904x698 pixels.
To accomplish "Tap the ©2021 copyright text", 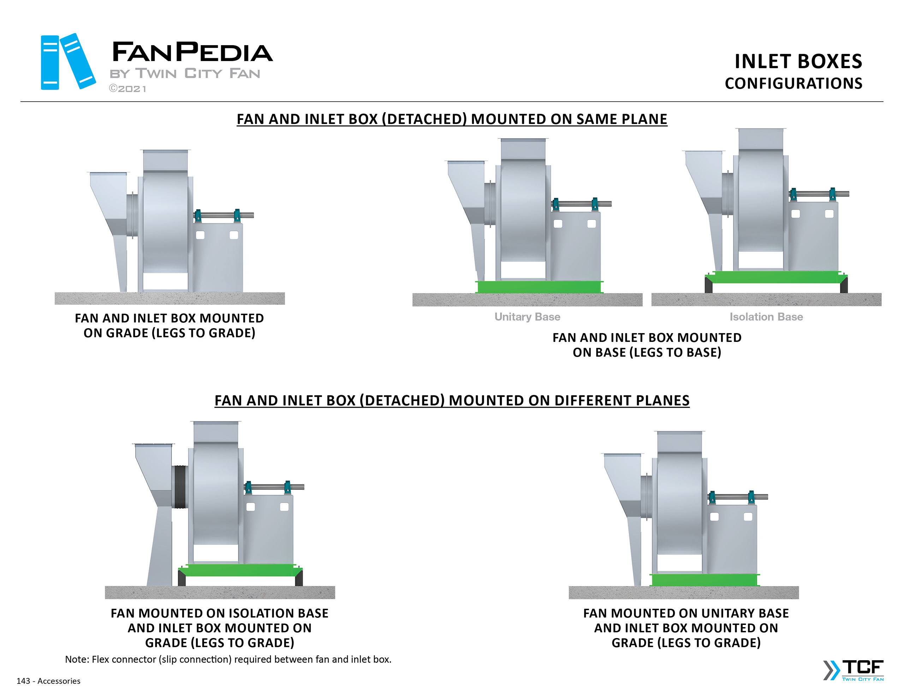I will (x=127, y=89).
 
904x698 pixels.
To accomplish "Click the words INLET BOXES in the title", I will (x=798, y=62).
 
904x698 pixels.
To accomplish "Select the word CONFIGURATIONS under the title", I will (x=793, y=84).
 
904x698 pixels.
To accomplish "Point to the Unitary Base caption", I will (x=527, y=317).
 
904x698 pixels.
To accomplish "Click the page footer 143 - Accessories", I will (x=48, y=681).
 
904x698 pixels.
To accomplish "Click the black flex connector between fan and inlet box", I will (x=180, y=487).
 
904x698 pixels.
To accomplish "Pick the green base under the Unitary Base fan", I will (x=539, y=287).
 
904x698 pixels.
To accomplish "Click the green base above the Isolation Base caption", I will (x=776, y=277).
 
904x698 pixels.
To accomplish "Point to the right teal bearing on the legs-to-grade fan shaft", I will (x=237, y=215).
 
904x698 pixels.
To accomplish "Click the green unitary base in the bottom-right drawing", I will (x=704, y=580).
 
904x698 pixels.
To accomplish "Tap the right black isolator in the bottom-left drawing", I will (x=299, y=578).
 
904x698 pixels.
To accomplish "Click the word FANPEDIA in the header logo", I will (x=192, y=53).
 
